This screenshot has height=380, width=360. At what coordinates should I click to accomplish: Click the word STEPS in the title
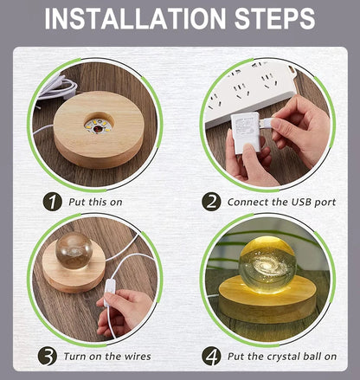tap(274, 19)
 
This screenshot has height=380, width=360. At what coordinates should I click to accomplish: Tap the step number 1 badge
tap(53, 202)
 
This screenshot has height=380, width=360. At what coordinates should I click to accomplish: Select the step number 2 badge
tap(211, 202)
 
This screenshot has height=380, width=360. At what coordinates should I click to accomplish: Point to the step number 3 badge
tap(48, 356)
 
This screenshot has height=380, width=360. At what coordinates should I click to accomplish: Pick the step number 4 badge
tap(211, 356)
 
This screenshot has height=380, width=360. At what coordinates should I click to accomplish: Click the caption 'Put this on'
tap(95, 202)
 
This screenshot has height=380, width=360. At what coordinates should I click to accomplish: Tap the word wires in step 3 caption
tap(138, 357)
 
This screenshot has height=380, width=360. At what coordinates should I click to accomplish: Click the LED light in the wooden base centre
tap(99, 126)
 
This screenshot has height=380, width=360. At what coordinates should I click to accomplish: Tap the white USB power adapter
tap(244, 132)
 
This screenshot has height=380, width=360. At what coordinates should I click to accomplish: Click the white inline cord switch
tap(109, 291)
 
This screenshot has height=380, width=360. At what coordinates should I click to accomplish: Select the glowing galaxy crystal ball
tap(267, 265)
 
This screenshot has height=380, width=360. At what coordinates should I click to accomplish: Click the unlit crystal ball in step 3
tap(74, 250)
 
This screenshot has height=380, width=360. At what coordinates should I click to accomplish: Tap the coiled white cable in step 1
tap(59, 87)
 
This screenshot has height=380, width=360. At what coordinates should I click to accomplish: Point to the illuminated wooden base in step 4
tap(267, 299)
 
